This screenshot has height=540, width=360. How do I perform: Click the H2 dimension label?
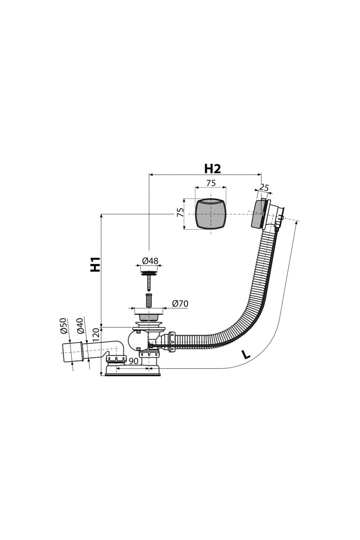point(212,169)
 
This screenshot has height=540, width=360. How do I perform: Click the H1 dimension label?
point(96,264)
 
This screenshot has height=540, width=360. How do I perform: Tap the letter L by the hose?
point(246,355)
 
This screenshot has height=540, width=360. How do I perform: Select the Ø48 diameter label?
point(150,261)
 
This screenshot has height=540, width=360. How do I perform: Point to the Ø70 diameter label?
point(180,303)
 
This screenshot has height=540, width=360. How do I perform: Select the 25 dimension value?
point(264,188)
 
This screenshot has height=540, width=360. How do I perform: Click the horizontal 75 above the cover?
point(211,183)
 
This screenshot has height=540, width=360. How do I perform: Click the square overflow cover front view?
point(211,214)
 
